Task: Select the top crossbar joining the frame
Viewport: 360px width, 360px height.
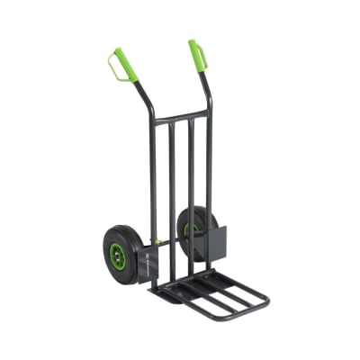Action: (181, 118)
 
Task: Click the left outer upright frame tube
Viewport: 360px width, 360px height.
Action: (153, 180)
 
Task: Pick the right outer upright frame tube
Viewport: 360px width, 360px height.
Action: (209, 162)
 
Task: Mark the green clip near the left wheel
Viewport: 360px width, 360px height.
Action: (158, 242)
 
